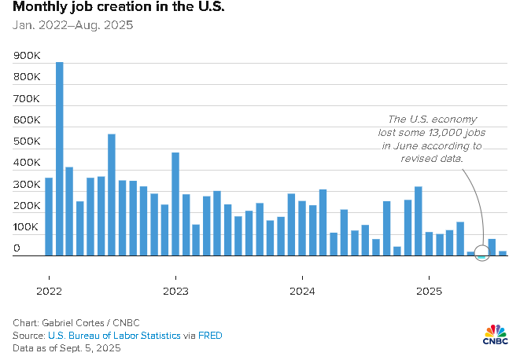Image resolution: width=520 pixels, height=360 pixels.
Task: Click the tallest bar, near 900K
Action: tap(60, 157)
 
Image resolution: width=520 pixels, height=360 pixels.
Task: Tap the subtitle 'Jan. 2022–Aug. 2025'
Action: tap(72, 24)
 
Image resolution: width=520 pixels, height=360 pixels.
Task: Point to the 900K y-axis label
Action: tap(27, 56)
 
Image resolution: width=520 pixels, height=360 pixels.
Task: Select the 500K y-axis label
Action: tap(27, 141)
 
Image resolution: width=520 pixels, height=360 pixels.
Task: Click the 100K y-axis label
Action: tap(27, 227)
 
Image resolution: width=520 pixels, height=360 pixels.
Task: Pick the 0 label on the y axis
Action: tap(17, 248)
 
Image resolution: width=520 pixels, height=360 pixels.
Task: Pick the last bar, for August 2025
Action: tap(503, 253)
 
